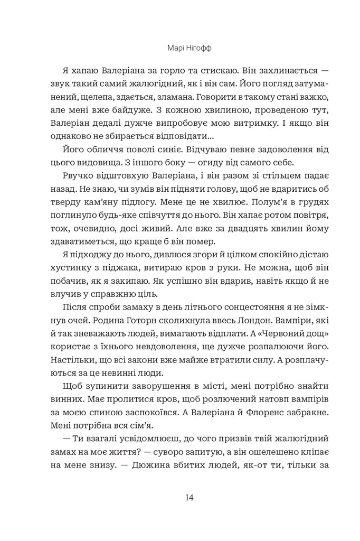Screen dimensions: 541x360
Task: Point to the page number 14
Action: pos(180,497)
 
